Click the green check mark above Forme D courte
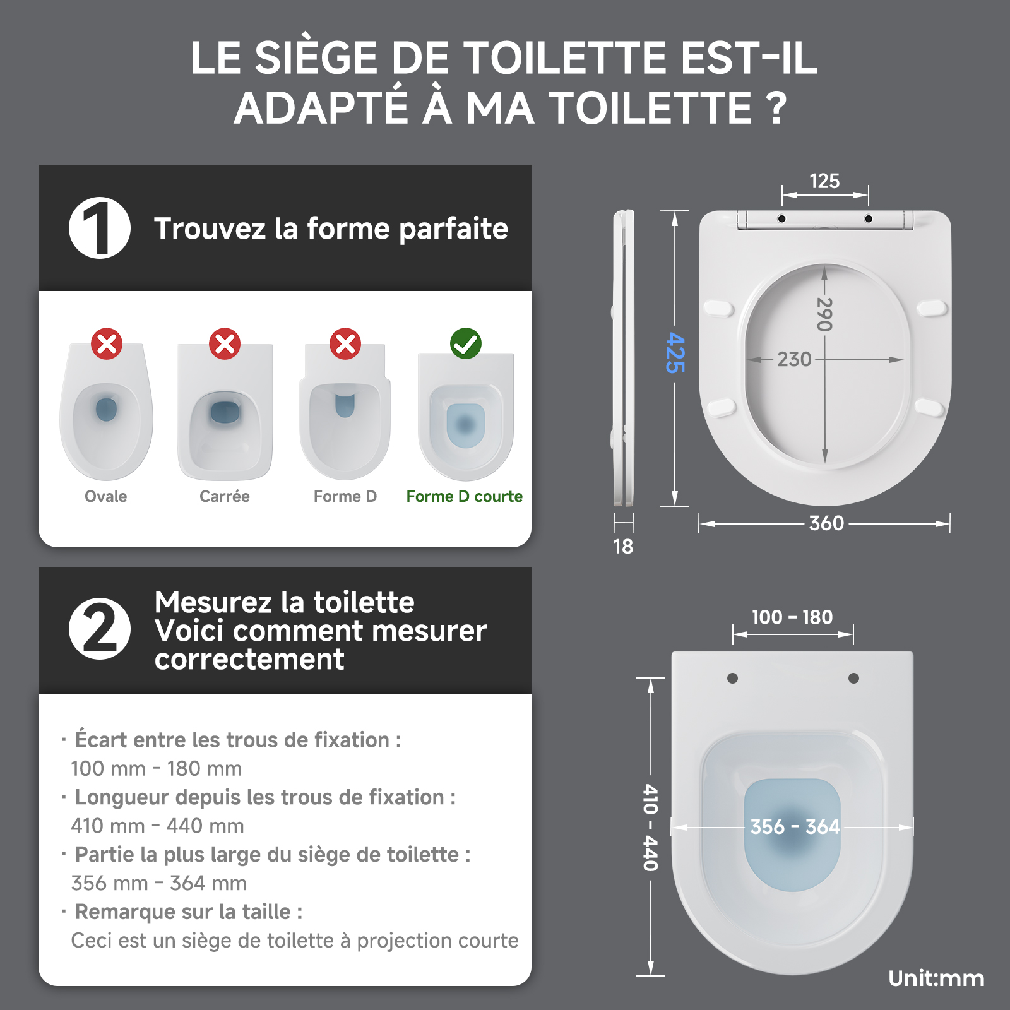(x=466, y=344)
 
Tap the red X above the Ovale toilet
(x=107, y=344)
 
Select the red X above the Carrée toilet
(x=225, y=344)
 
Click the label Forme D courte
(x=465, y=497)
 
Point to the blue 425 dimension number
(x=675, y=353)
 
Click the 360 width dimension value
(x=826, y=523)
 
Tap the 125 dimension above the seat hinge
(x=824, y=181)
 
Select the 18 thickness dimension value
(x=623, y=547)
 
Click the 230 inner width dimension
(x=794, y=359)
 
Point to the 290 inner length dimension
(x=824, y=314)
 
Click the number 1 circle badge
(x=100, y=228)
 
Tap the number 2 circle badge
(x=100, y=629)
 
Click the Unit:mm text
(x=936, y=978)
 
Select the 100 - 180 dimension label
(x=792, y=617)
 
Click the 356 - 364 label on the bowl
(x=795, y=826)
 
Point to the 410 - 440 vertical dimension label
(x=651, y=828)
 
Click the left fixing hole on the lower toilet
(x=732, y=679)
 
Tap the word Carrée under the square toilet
(x=225, y=497)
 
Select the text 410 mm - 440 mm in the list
(x=157, y=826)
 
